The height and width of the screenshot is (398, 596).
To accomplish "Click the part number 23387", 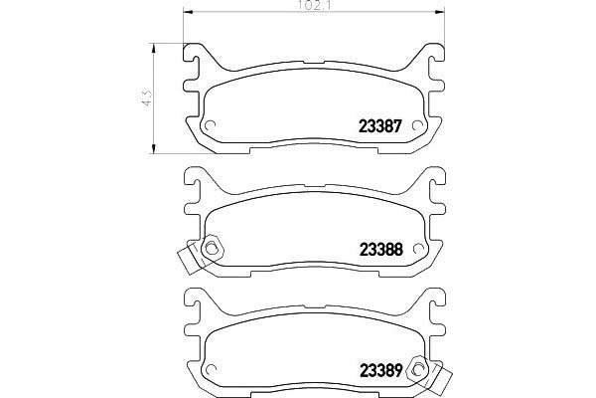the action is point(380,126).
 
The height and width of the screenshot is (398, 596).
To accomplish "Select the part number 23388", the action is point(380,250).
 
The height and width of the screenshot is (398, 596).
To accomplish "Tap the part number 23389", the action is point(380,370).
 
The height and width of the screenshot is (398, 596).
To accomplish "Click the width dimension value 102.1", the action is point(314,7).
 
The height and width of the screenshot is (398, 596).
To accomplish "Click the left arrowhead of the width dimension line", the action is point(188,13).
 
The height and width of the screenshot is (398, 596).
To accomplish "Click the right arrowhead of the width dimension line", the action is point(440,13).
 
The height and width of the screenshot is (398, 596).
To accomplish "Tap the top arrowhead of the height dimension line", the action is point(154,49).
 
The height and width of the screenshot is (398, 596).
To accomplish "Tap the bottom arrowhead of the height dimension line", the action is point(154,148).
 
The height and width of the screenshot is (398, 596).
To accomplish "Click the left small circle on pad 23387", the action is point(210,125).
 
